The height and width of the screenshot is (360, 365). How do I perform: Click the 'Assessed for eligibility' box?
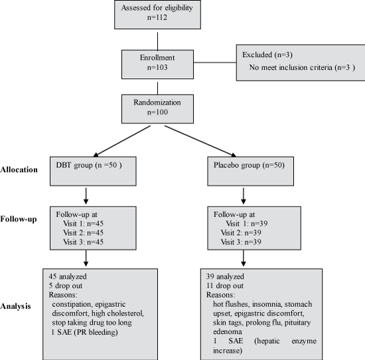[x=157, y=15]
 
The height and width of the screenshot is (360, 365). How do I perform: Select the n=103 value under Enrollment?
[x=157, y=67]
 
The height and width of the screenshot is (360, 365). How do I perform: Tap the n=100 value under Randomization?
[x=157, y=112]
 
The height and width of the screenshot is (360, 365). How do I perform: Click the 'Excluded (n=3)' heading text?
[x=267, y=54]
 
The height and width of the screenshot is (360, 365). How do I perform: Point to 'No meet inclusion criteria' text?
[x=291, y=67]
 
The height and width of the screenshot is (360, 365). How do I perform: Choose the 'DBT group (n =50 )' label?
[x=89, y=165]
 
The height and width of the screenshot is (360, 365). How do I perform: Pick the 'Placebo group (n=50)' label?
[x=249, y=165]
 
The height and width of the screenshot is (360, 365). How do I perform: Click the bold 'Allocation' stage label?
[x=19, y=169]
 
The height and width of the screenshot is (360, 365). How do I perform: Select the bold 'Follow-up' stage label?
[x=19, y=219]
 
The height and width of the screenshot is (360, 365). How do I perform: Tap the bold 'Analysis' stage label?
[x=15, y=306]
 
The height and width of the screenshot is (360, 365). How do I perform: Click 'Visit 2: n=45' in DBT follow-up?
[x=83, y=232]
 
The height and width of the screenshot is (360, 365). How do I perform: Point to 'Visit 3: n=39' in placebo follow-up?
[x=241, y=242]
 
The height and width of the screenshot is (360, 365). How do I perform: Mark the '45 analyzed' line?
[x=68, y=276]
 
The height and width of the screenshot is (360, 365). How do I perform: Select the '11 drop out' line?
[x=225, y=286]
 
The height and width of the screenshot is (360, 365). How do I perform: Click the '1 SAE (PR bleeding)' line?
[x=84, y=332]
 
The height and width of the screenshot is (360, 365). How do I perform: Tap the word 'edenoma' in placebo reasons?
[x=224, y=332]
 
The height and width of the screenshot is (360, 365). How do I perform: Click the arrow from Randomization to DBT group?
[x=121, y=141]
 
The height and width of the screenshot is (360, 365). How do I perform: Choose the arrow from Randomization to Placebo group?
[x=200, y=141]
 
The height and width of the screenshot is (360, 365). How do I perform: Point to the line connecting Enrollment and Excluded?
[x=215, y=62]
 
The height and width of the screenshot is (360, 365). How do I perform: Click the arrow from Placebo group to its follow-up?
[x=244, y=196]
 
